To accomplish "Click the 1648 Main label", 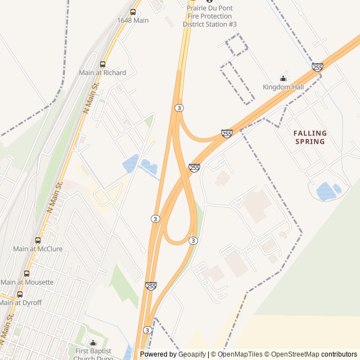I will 133,20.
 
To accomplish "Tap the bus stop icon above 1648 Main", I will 133,12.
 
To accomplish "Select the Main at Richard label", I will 102,73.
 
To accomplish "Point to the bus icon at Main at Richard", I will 102,64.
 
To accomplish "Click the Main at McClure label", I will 38,249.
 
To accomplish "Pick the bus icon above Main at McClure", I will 38,240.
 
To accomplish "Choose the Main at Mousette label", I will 27,282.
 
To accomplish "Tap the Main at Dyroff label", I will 20,303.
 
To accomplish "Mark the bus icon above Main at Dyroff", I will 20,294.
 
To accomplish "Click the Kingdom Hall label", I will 283,87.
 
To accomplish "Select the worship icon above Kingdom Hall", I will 283,78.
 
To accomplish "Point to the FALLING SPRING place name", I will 310,137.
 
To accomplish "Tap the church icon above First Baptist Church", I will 93,343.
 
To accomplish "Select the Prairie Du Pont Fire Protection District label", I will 210,16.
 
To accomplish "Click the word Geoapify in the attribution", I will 192,354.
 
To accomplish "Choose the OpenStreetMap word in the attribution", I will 296,354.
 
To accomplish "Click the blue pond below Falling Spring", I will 326,191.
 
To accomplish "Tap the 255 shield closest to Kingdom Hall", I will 318,67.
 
